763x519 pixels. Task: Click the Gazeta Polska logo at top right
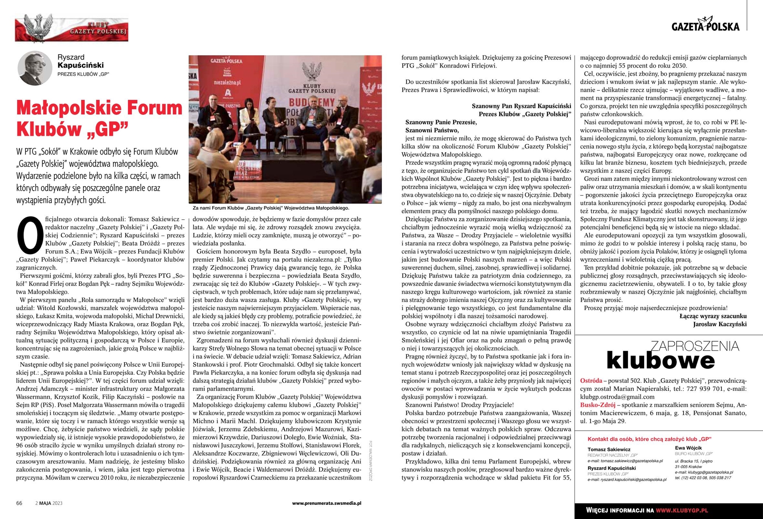[705, 25]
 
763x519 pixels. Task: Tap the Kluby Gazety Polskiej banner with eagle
[71, 28]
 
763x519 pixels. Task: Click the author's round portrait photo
[35, 68]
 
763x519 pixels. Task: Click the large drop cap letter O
[29, 235]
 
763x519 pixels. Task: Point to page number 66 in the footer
[19, 503]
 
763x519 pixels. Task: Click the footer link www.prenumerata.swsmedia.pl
[326, 503]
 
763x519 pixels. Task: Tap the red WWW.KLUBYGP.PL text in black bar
[682, 510]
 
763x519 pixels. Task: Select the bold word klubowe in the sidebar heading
[660, 360]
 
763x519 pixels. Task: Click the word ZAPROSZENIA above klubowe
[694, 346]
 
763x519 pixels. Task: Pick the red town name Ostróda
[591, 381]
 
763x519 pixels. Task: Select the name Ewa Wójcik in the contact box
[688, 448]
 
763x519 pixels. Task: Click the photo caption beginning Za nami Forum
[271, 208]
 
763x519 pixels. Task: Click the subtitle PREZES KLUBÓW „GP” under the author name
[83, 74]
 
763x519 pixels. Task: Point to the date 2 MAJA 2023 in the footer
[49, 503]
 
